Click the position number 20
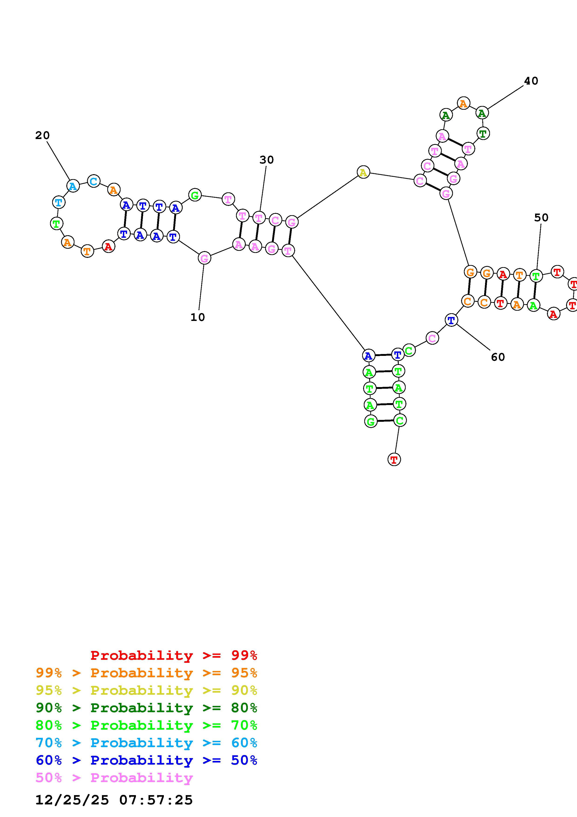point(42,136)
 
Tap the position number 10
point(198,317)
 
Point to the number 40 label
point(531,81)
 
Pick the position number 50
point(541,218)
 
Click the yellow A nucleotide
point(363,173)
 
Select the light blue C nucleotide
point(94,181)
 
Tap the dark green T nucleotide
point(483,134)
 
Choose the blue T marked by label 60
point(451,320)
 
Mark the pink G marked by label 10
point(204,258)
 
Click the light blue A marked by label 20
point(73,186)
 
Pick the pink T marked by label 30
point(259,218)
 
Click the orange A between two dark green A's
point(463,104)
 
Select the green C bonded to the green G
point(400,421)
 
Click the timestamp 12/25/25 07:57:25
point(114,800)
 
